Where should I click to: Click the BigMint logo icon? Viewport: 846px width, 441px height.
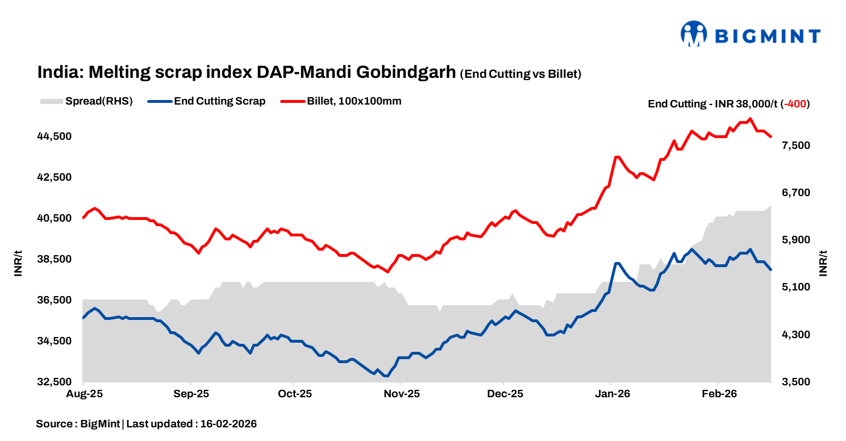tap(693, 34)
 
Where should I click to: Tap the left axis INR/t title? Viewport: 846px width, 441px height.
tap(18, 264)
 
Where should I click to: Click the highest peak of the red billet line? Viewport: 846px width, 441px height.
tap(751, 119)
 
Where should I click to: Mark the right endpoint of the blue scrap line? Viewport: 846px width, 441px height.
tap(771, 269)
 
